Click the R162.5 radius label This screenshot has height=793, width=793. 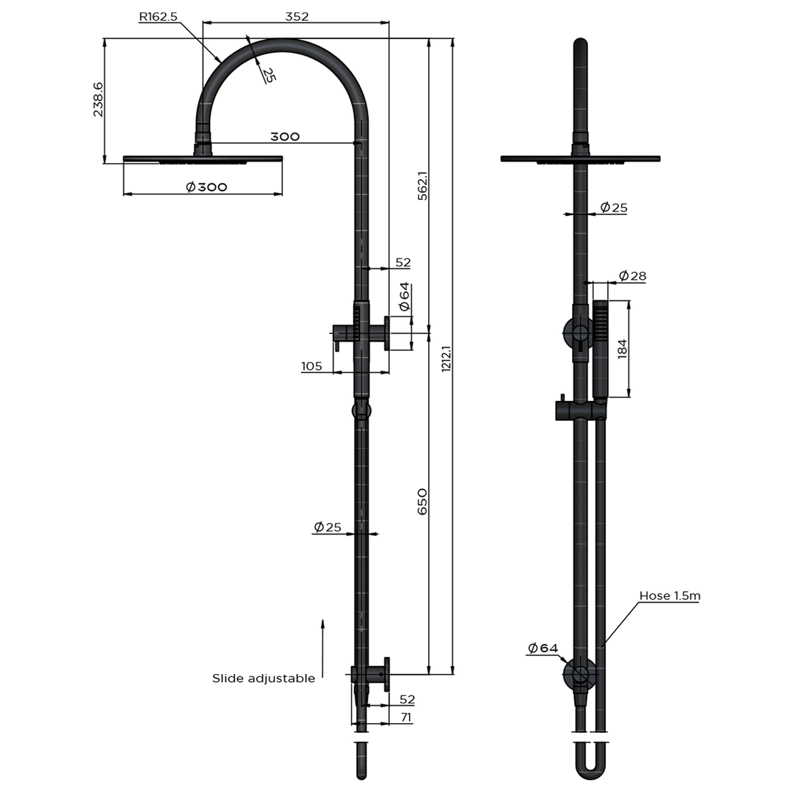(159, 16)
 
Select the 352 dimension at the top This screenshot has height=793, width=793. (296, 16)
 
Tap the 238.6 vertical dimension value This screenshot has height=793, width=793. (98, 100)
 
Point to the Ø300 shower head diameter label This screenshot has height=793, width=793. (206, 187)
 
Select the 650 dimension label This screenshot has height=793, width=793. (422, 501)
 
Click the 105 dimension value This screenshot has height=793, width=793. (311, 366)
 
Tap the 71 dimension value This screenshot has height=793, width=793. (405, 718)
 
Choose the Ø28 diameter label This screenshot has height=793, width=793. (632, 276)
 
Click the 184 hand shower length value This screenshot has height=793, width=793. (623, 348)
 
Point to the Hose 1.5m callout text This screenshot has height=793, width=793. (669, 595)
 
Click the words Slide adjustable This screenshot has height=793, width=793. (264, 678)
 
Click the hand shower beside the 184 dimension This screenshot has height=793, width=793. (601, 349)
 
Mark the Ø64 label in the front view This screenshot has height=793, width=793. (543, 648)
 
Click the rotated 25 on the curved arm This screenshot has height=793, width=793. (268, 74)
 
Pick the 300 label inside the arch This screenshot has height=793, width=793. (285, 137)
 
